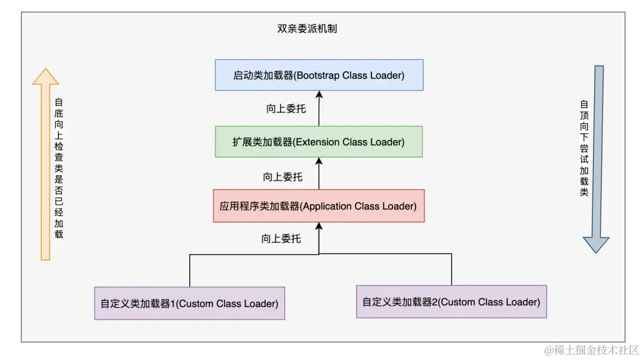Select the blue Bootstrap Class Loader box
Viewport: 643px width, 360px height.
coord(319,75)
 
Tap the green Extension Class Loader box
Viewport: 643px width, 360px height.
coord(319,142)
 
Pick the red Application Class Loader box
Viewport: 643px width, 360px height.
coord(319,206)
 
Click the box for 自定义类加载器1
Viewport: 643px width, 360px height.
coord(189,303)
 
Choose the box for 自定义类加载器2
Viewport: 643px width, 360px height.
coord(451,302)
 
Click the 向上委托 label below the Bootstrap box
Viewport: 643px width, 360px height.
coord(286,109)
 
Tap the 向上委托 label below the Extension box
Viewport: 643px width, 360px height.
coord(283,177)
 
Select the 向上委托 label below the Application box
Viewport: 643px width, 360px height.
coord(281,239)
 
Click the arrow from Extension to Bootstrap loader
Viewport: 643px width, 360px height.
coord(319,108)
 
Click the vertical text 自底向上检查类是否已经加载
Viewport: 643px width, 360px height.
coord(58,168)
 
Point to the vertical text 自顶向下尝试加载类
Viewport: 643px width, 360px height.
coord(583,149)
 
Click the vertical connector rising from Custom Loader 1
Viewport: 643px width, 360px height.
coord(189,271)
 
